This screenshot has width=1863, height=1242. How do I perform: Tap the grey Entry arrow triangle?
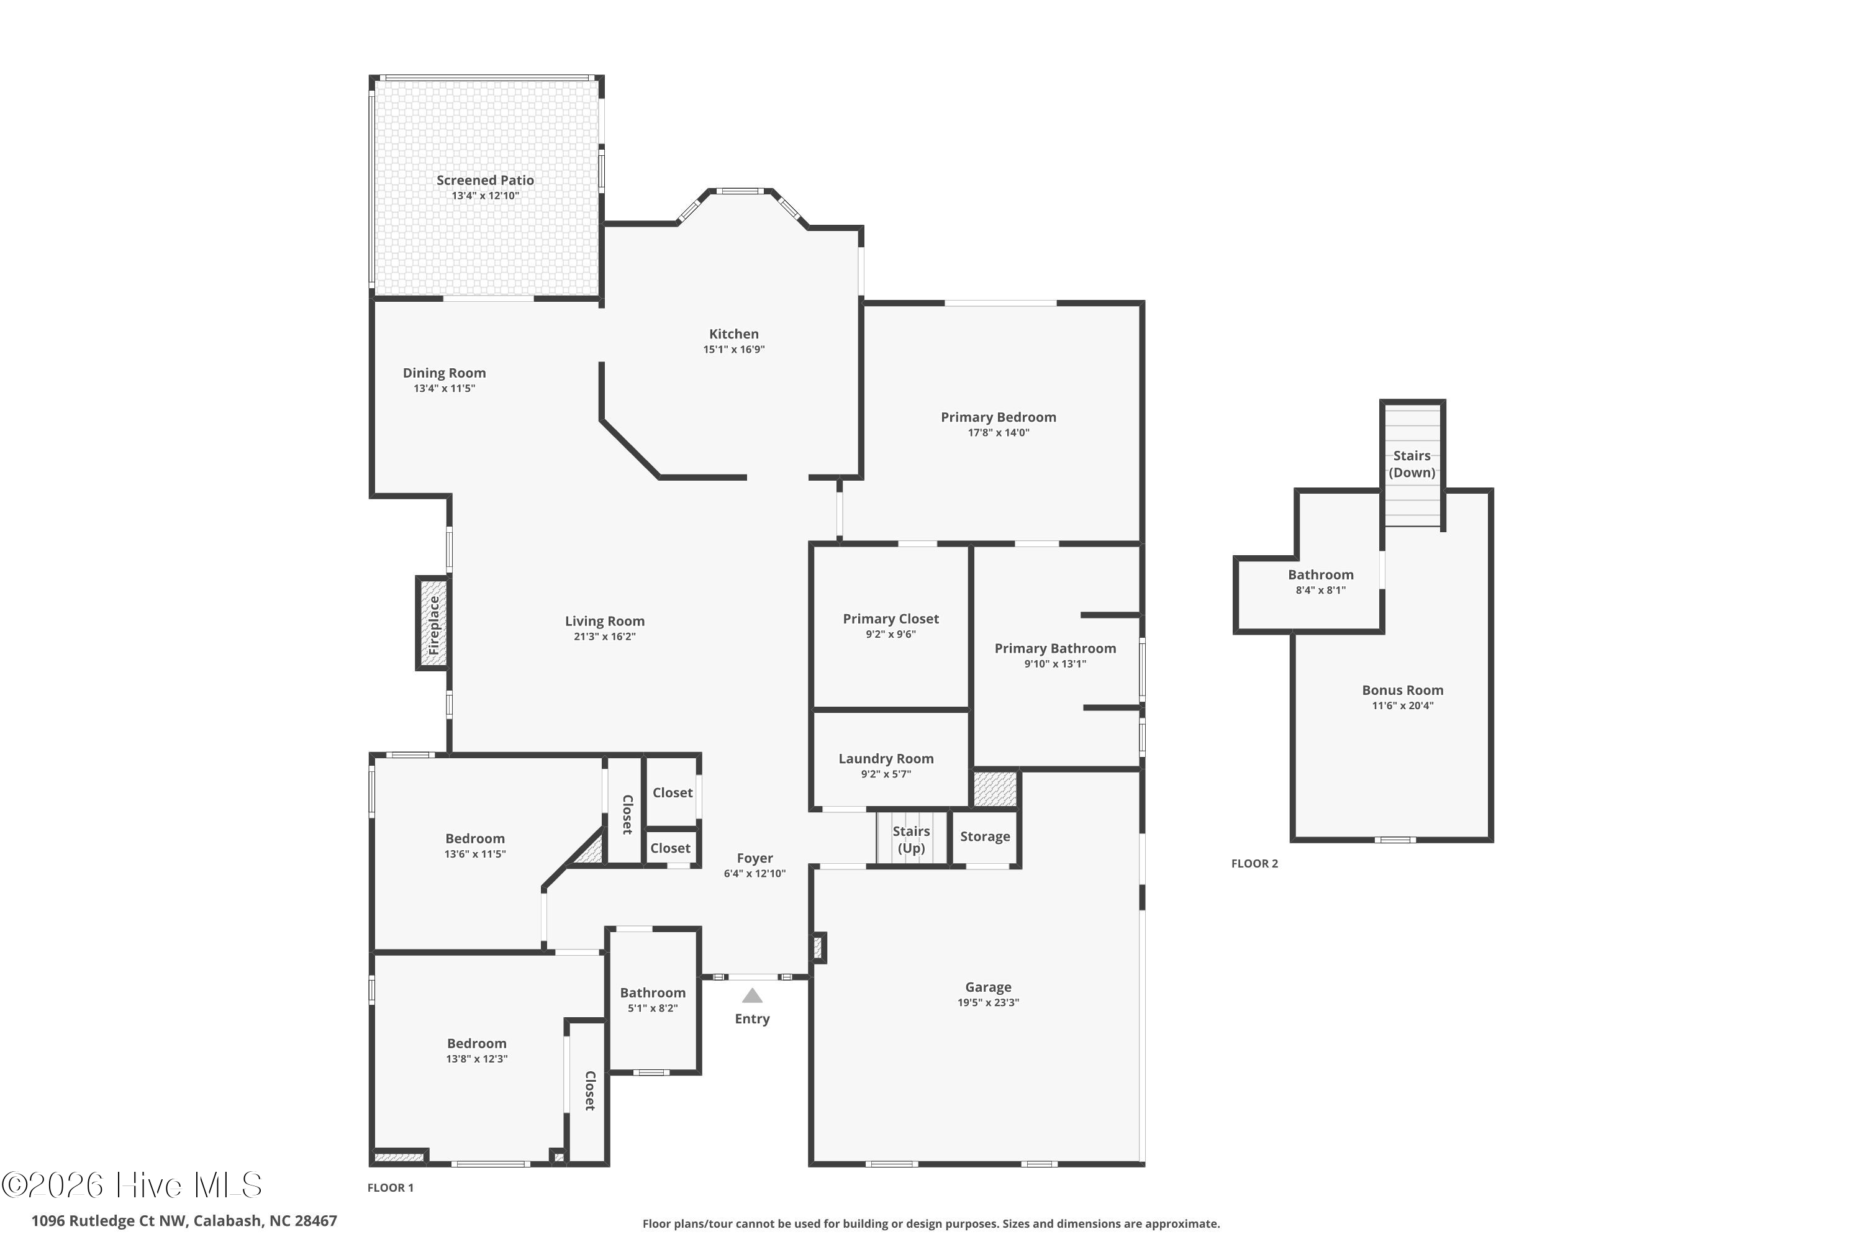point(751,995)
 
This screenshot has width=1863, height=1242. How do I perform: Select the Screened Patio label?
point(485,181)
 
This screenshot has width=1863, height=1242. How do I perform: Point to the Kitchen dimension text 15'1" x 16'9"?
point(733,349)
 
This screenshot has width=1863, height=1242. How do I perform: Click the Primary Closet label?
point(891,619)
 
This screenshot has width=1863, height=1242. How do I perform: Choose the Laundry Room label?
point(886,759)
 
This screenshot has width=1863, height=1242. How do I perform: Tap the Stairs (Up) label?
point(911,840)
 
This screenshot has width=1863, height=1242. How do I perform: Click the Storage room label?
point(984,836)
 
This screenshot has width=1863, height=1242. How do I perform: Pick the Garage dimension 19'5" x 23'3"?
point(988,1002)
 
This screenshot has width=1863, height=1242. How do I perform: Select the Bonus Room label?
point(1402,690)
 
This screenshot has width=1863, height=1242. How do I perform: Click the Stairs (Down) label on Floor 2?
point(1412,464)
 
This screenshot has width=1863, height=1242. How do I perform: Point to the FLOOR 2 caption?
point(1254,863)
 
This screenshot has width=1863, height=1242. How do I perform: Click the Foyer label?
point(754,858)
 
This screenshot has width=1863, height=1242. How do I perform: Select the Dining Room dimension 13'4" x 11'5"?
point(443,388)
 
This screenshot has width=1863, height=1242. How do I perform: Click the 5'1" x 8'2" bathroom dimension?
point(653,1009)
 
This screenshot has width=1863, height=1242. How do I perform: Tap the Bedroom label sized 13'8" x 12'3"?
point(476,1044)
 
